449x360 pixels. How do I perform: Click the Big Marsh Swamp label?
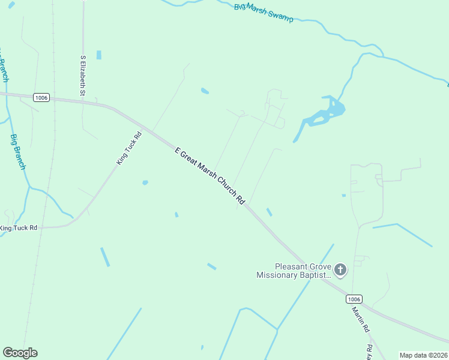coord(264,13)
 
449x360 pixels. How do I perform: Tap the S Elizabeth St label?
coord(83,76)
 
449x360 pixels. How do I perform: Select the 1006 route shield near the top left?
coord(41,98)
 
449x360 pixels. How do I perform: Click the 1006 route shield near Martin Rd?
coord(354,299)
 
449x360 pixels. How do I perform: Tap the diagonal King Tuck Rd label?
coord(129,149)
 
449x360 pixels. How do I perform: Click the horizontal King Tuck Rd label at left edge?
coord(19,228)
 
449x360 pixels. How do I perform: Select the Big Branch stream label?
coord(18,151)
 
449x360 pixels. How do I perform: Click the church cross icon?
coord(340,270)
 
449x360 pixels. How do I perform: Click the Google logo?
coord(20,353)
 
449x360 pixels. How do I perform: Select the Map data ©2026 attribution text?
coord(423,355)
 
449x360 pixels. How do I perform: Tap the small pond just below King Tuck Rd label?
coord(145,182)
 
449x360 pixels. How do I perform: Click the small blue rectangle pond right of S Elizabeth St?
coord(98,55)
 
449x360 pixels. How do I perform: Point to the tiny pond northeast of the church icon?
coord(343,195)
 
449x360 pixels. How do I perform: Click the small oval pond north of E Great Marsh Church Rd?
coord(205,91)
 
